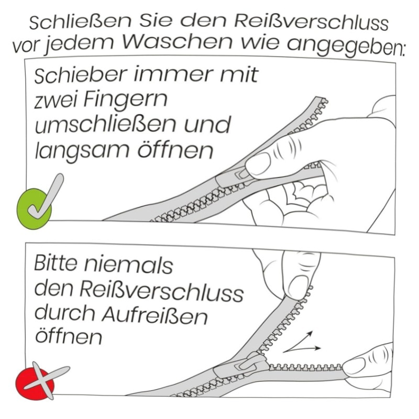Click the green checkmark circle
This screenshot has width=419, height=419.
pyautogui.click(x=34, y=208)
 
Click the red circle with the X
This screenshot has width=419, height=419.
pyautogui.click(x=35, y=383)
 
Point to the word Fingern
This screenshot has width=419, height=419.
pyautogui.click(x=125, y=101)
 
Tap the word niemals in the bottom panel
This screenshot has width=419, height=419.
pyautogui.click(x=128, y=264)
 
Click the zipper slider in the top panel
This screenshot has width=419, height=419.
pyautogui.click(x=235, y=177)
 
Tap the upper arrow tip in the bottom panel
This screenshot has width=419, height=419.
pyautogui.click(x=312, y=332)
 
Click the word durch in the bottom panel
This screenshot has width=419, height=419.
pyautogui.click(x=64, y=314)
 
